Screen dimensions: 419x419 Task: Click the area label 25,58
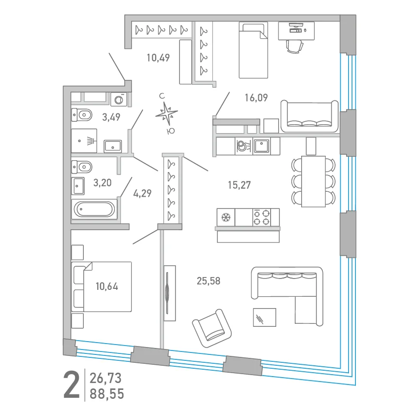(x=209, y=281)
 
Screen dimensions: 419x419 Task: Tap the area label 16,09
(x=256, y=98)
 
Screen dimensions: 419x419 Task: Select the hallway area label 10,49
(x=158, y=58)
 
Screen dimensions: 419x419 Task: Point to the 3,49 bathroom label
(x=111, y=117)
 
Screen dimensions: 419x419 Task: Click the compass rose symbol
(x=167, y=113)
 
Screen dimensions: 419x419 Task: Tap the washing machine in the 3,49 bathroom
(x=119, y=100)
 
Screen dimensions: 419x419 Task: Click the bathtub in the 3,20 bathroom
(x=94, y=209)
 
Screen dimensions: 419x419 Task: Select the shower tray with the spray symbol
(x=84, y=141)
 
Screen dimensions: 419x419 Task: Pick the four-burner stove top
(x=262, y=217)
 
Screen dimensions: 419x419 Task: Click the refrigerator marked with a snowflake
(x=226, y=217)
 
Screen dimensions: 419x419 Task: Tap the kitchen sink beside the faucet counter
(x=262, y=146)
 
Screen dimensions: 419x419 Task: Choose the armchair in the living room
(x=212, y=328)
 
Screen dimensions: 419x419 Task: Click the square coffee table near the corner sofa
(x=265, y=317)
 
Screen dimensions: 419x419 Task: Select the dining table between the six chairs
(x=314, y=181)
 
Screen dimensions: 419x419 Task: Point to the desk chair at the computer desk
(x=295, y=46)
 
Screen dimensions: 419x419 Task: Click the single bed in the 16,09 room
(x=253, y=50)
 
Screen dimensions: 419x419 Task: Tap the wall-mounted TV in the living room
(x=167, y=293)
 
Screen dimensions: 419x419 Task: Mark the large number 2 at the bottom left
(x=71, y=385)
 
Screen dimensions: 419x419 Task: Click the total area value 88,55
(x=107, y=394)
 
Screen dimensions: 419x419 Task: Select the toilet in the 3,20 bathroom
(x=82, y=167)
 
